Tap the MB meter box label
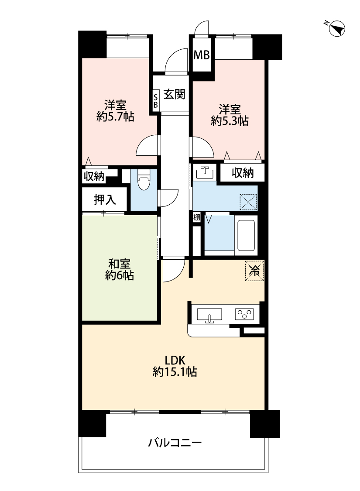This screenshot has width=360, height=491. pos(202,55)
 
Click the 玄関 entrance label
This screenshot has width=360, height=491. pos(175,94)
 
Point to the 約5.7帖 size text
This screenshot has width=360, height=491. pos(116,117)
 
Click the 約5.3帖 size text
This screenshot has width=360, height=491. pos(230,120)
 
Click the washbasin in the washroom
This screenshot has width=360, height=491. pos(205,173)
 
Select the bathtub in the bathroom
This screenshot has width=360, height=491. pos(246,235)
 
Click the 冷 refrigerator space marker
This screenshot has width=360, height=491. pos(254,271)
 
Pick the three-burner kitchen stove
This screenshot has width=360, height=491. pos(244,314)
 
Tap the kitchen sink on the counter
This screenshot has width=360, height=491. pos(209,315)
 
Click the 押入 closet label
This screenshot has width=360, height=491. pos(105,199)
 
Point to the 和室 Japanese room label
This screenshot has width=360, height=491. pos(119,264)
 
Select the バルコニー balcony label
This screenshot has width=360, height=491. pos(175,443)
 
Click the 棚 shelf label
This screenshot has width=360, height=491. pos(196,217)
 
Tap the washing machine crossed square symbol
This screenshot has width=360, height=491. pos(248,202)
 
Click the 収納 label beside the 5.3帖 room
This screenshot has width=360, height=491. pos(243,173)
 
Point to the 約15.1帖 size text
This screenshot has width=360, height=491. pos(175,372)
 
